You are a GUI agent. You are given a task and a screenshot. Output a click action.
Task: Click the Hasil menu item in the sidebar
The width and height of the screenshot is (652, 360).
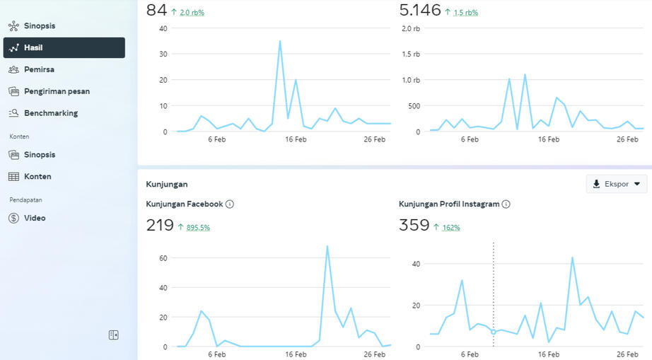tap(64, 48)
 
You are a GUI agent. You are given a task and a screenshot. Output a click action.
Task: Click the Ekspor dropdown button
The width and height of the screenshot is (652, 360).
tap(616, 184)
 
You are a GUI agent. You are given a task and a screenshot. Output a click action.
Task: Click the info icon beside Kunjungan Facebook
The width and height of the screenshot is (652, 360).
tap(230, 204)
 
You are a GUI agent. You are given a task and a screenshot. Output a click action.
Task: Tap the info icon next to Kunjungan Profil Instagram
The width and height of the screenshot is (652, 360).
tap(506, 204)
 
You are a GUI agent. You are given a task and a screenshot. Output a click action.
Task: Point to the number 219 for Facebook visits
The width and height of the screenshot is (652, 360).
tap(160, 226)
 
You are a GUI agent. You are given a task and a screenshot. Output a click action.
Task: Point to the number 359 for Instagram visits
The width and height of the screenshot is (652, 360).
tap(414, 226)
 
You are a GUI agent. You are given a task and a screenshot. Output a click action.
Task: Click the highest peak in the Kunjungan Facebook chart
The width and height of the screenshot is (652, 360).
tap(327, 247)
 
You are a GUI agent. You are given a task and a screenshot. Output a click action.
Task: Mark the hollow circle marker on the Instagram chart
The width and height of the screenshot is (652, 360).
tap(494, 332)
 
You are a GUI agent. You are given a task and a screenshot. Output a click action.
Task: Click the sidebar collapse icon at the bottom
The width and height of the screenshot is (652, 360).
tap(114, 335)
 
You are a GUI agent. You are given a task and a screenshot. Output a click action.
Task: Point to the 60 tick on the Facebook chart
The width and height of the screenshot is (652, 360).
tap(163, 258)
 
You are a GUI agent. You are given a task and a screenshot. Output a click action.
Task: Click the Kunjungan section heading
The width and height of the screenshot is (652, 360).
tap(167, 184)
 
